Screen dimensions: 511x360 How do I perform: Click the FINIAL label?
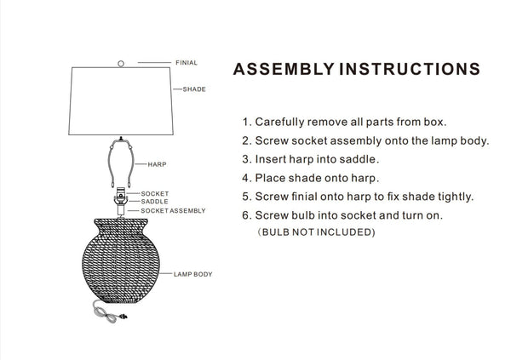click(187, 62)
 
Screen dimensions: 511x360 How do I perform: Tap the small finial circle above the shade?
click(121, 64)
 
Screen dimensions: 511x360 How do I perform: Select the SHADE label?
click(194, 89)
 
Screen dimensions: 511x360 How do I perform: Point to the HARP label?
click(157, 164)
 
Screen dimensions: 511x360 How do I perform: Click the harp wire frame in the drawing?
click(109, 163)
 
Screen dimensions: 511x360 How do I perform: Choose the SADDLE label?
click(154, 202)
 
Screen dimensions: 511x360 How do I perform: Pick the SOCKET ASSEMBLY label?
click(173, 211)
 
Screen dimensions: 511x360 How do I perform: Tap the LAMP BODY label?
click(193, 274)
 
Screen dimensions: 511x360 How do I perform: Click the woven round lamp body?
click(121, 260)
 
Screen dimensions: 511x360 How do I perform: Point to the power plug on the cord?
click(123, 316)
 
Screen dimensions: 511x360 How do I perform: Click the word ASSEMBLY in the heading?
click(284, 69)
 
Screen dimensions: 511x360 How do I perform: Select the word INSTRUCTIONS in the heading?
click(410, 69)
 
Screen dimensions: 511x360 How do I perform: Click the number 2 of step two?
click(245, 140)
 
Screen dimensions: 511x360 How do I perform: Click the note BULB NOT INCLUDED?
click(316, 232)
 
